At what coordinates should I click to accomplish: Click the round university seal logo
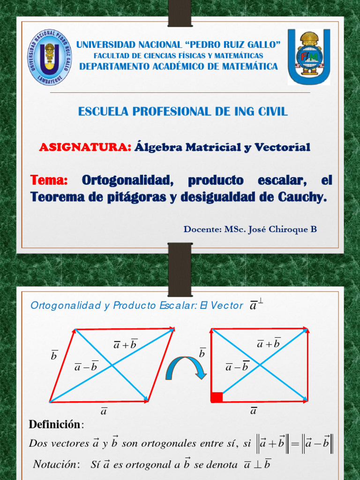(49, 57)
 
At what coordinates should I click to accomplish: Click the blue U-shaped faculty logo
(308, 56)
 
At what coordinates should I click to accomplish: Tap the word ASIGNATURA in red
(85, 148)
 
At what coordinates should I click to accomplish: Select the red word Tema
(49, 180)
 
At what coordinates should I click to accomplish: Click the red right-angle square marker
(217, 397)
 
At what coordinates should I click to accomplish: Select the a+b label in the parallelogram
(125, 345)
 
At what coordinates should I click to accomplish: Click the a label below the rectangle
(254, 411)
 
